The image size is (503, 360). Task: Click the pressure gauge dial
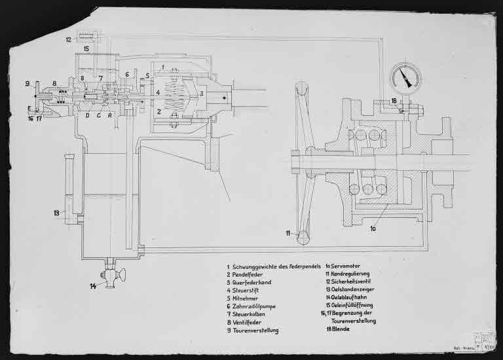click(x=404, y=78)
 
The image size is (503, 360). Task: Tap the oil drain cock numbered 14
click(x=111, y=273)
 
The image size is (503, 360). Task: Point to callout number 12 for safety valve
click(x=68, y=40)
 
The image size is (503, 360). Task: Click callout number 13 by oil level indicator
click(x=57, y=213)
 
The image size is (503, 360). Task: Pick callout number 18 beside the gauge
click(x=394, y=101)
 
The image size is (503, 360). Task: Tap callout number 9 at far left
click(x=28, y=84)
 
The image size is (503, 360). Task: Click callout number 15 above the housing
click(x=86, y=49)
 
